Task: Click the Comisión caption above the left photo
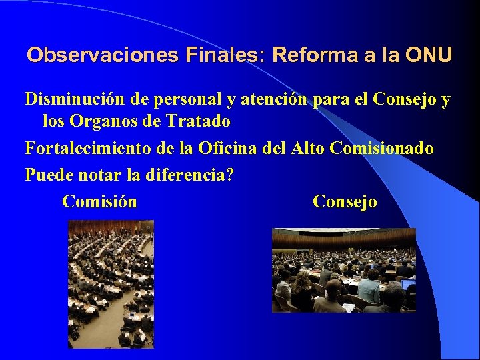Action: point(99,201)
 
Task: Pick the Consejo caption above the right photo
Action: point(345,201)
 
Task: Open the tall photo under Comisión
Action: point(111,284)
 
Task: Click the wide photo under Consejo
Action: point(343,271)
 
